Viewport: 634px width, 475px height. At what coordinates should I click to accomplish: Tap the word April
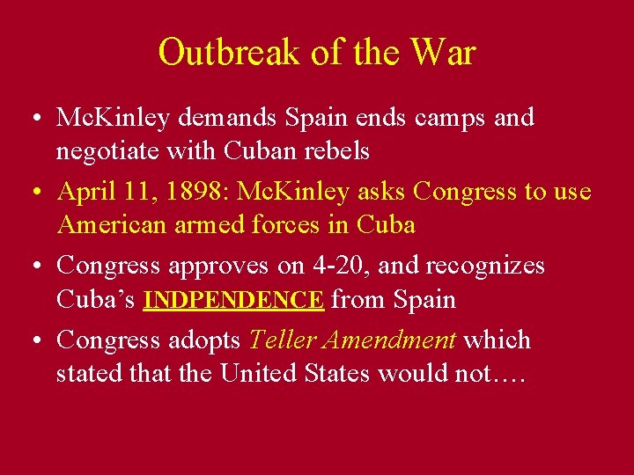tap(85, 192)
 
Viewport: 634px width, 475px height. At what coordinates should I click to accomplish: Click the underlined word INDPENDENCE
tap(233, 300)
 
